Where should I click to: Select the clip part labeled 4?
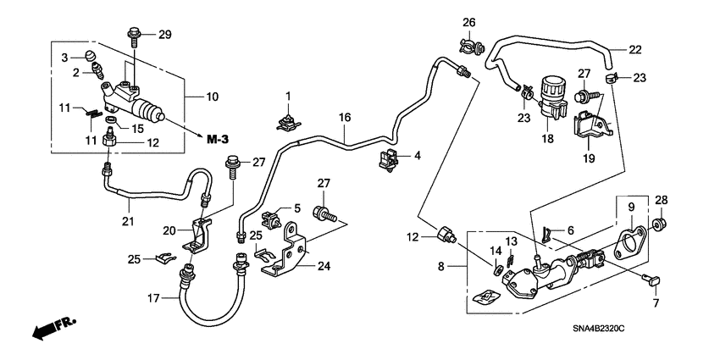tap(390, 158)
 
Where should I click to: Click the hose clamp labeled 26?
tap(469, 43)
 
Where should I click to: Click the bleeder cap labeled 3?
tap(88, 58)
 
